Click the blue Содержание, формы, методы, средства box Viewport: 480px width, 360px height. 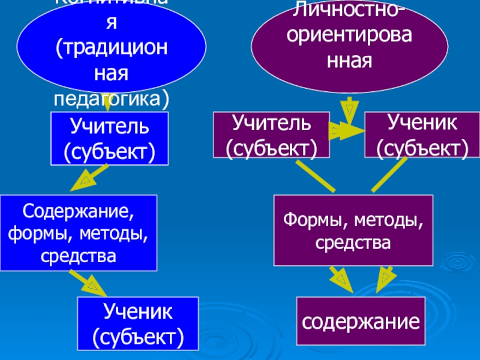(78, 232)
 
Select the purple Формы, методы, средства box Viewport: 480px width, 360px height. (353, 230)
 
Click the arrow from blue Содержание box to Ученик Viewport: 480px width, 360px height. (88, 282)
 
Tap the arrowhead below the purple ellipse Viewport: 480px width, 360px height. (349, 110)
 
